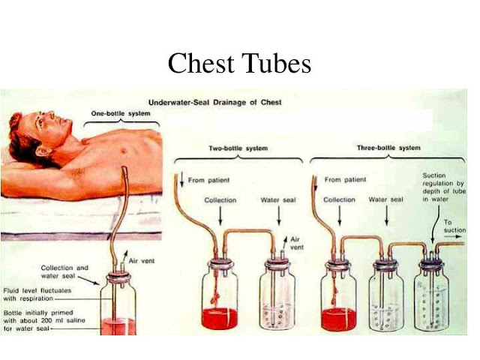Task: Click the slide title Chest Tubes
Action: [x=239, y=63]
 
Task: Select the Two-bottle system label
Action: [x=238, y=148]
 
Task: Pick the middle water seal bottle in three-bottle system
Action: [x=387, y=300]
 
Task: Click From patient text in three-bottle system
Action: [x=346, y=180]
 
